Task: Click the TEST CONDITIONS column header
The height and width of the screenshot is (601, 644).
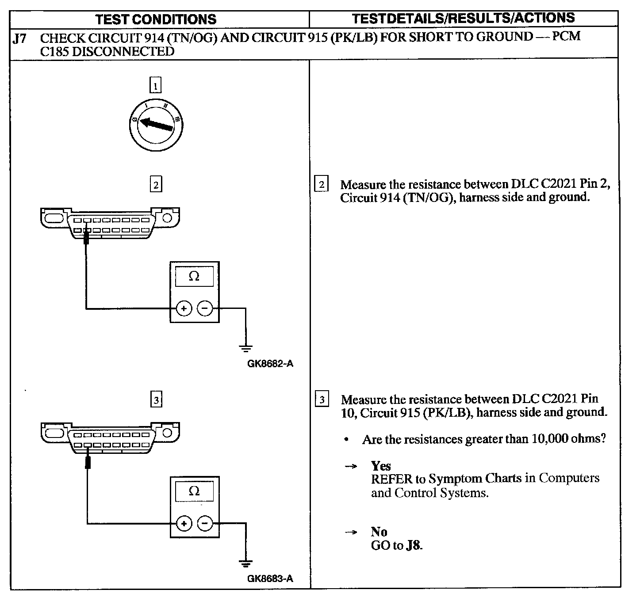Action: pos(156,19)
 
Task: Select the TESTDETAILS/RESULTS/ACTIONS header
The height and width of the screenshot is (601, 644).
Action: pos(463,18)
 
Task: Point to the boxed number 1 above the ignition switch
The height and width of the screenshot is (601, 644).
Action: pos(155,85)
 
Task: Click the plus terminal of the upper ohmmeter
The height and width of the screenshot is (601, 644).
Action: pos(184,308)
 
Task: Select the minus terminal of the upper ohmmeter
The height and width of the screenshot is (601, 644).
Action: pos(205,308)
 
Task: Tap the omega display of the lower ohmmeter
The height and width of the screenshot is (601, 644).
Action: pos(194,491)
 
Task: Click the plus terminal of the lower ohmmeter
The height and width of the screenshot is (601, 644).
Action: pos(184,524)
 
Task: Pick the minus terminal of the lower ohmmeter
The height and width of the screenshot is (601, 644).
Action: pos(205,524)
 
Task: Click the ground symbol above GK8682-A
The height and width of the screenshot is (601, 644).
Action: pos(246,348)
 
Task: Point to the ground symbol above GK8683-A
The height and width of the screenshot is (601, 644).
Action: pos(246,563)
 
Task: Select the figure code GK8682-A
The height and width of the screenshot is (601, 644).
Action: pos(270,364)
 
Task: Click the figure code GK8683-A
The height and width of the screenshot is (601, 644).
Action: pos(270,578)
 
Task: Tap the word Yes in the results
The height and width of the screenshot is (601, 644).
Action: pos(381,466)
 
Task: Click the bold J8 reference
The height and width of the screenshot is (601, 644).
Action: pos(414,545)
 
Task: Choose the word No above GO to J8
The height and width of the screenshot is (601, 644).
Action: pos(379,532)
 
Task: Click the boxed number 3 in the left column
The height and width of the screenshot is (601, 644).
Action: pos(156,400)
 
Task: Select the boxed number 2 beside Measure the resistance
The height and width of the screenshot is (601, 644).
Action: pos(322,184)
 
